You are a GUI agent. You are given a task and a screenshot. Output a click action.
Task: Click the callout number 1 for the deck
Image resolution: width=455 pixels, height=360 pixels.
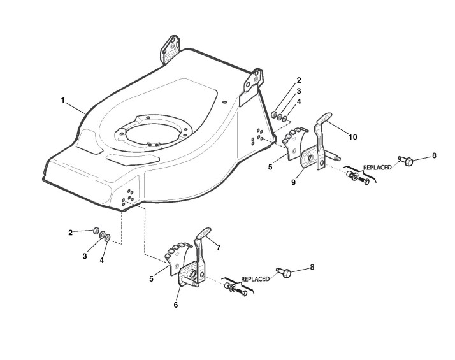pyautogui.click(x=62, y=100)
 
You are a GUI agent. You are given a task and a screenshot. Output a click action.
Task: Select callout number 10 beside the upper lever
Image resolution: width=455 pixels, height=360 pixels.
pyautogui.click(x=352, y=136)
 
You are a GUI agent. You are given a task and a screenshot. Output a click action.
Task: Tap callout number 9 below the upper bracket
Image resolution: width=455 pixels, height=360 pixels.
pyautogui.click(x=293, y=182)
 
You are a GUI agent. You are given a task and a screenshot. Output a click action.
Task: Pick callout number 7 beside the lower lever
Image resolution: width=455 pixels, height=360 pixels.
pyautogui.click(x=217, y=246)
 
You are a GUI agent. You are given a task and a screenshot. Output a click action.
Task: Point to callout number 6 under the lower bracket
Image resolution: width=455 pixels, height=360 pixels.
pyautogui.click(x=176, y=305)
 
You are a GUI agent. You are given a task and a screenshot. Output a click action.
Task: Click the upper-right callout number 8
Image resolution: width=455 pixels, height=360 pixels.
pyautogui.click(x=434, y=155)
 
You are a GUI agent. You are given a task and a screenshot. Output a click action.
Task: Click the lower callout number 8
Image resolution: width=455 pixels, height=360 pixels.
pyautogui.click(x=312, y=268)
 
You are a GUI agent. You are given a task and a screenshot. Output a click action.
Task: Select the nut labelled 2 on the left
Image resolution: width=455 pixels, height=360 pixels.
pyautogui.click(x=94, y=231)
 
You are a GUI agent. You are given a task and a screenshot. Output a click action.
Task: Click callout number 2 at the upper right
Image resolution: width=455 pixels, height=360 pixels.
pyautogui.click(x=298, y=80)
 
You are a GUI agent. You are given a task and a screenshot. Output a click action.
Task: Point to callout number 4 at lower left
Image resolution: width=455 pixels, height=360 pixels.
pyautogui.click(x=101, y=260)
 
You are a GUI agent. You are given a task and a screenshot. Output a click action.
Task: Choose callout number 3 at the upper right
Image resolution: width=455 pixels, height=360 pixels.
pyautogui.click(x=298, y=91)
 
